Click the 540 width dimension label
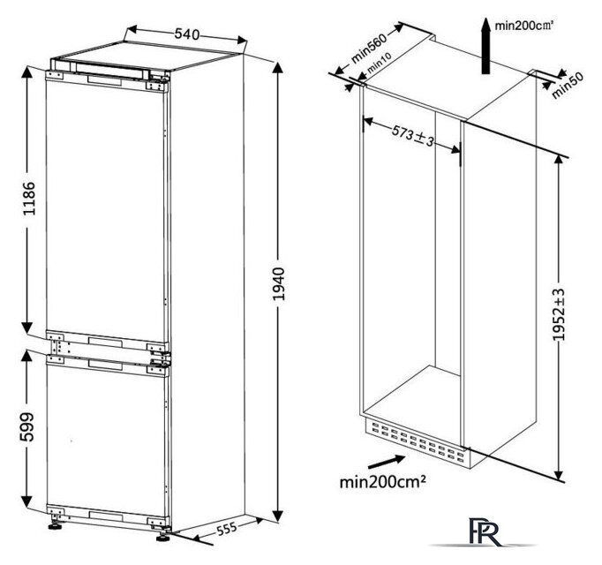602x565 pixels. tap(187, 34)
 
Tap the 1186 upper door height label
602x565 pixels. tap(29, 199)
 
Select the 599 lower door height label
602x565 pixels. tap(27, 427)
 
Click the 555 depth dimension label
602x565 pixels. tap(227, 529)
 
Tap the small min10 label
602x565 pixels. tap(379, 63)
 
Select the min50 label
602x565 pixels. tap(568, 86)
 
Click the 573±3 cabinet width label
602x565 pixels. tap(413, 136)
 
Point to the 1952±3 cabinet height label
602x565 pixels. tap(559, 314)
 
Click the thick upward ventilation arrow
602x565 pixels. tap(486, 45)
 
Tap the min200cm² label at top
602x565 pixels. tap(523, 26)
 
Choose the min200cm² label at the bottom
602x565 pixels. tap(382, 482)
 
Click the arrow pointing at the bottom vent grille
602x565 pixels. tap(387, 462)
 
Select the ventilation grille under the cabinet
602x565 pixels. tap(416, 441)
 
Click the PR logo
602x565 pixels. tap(485, 531)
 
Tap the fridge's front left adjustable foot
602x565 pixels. tap(56, 525)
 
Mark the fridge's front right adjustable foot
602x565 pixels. tap(163, 538)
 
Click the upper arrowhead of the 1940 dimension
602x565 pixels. tap(278, 68)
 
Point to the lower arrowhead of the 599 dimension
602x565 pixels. tap(26, 501)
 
